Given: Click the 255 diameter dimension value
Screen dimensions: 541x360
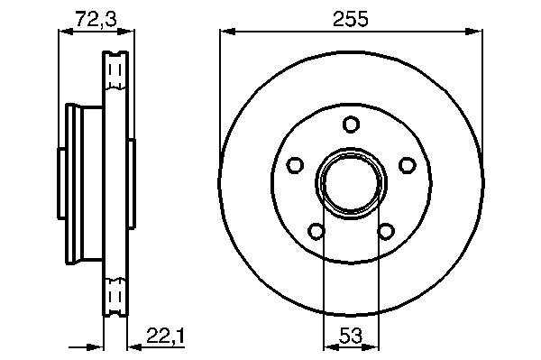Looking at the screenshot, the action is click(x=351, y=19).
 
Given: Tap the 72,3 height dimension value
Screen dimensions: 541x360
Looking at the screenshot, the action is click(x=96, y=19).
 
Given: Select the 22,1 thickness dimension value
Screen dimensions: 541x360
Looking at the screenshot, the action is click(x=166, y=336).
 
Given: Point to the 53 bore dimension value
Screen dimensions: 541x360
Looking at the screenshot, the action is click(x=351, y=335).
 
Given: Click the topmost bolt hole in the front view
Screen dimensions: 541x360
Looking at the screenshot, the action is click(x=352, y=125).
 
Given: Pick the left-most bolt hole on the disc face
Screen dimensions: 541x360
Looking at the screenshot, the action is click(x=295, y=165).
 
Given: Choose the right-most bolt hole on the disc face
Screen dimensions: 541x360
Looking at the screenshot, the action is click(x=408, y=165).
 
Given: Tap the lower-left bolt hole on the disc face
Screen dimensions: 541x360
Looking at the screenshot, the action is click(x=316, y=231).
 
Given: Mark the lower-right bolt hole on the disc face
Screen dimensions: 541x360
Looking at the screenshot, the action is click(x=386, y=231).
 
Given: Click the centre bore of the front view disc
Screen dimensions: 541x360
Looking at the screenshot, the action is click(x=352, y=183).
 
